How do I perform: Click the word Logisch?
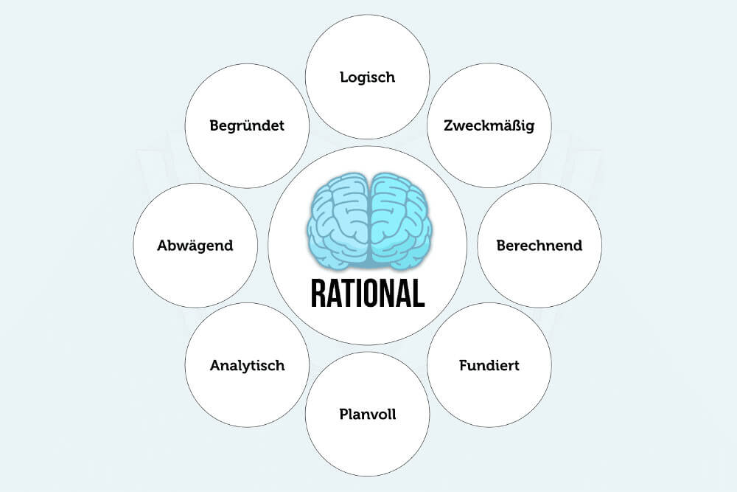368,77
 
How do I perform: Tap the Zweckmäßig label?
489,125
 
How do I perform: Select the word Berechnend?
539,245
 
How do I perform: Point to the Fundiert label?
489,365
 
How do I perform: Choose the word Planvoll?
368,414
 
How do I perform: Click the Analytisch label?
247,365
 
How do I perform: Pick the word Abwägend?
195,245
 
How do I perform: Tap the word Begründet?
247,125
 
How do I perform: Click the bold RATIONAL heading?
368,294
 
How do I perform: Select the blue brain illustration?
369,221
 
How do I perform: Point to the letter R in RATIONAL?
318,294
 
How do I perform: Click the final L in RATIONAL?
419,294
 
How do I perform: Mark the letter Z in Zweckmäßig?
448,125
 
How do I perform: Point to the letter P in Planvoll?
344,414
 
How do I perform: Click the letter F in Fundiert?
464,365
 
